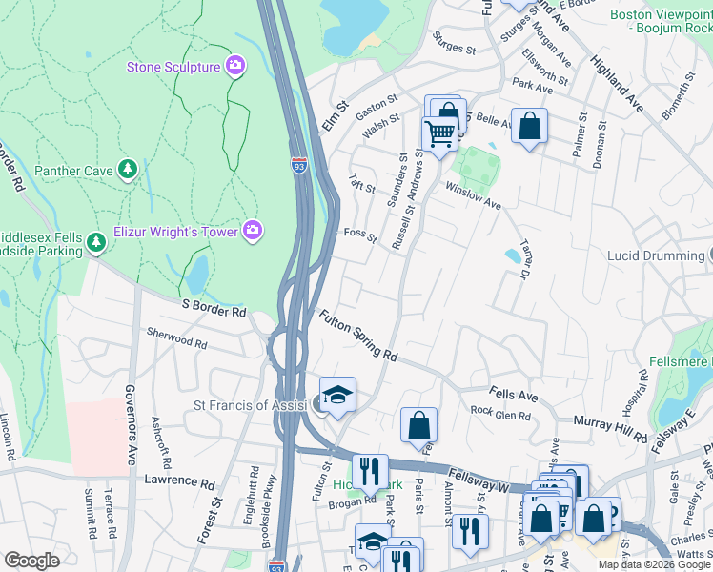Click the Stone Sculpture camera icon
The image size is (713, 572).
point(234,66)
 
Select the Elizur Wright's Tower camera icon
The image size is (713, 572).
point(252,229)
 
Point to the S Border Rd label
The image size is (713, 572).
point(214,312)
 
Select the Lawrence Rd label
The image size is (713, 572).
point(178,482)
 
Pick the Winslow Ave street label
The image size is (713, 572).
point(474,197)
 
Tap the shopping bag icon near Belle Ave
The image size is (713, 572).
point(529,125)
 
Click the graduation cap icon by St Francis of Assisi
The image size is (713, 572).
point(337,394)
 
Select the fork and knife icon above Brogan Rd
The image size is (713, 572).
point(370,471)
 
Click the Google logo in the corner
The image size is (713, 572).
point(31,561)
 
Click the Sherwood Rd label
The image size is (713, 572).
point(176,337)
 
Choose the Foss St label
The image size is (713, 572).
point(360,235)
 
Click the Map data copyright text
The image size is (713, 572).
point(653,564)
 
